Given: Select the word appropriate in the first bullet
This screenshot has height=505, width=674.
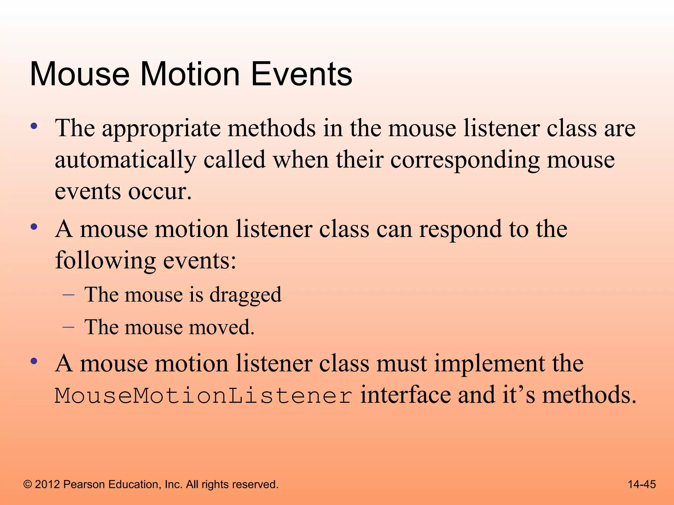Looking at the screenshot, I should point(161,129).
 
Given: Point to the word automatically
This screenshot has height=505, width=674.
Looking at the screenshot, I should point(125,160).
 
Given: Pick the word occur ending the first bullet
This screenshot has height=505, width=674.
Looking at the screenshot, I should point(159,192).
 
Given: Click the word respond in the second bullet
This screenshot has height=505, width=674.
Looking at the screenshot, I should point(460,229).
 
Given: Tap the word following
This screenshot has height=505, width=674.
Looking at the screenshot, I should point(105,261).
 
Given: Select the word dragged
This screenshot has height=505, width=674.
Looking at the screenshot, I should point(246,295).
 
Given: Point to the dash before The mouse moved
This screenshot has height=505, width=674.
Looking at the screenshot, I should point(68,327).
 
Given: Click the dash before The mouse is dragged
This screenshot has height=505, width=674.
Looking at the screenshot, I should point(68,295).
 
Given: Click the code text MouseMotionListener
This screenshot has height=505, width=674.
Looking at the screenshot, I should point(204,396).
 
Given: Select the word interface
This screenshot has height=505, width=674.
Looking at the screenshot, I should point(405,395).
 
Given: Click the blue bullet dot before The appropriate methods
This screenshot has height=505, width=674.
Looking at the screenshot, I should point(34,126).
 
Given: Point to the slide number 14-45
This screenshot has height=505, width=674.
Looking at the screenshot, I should point(641,484).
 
